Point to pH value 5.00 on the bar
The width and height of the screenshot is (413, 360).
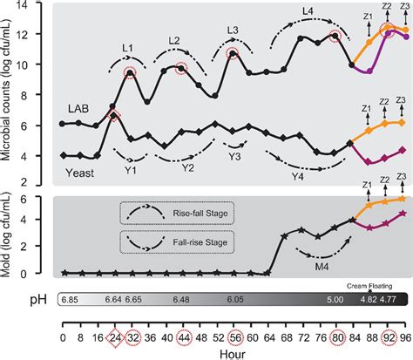pos(335,299)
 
